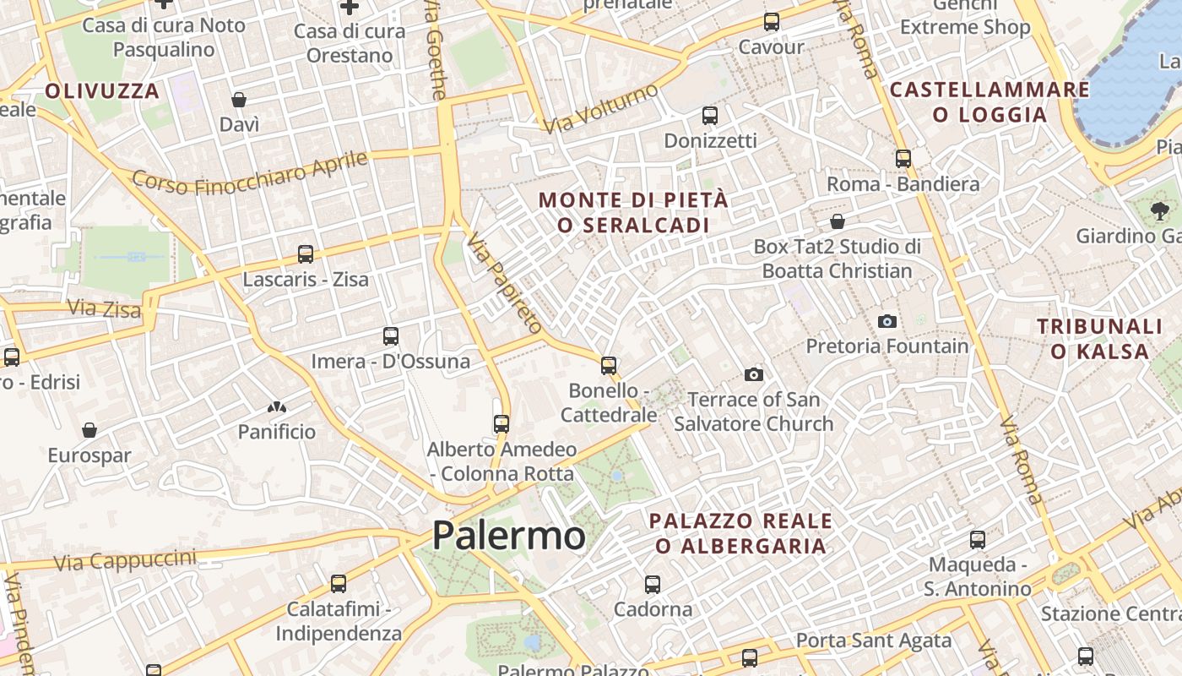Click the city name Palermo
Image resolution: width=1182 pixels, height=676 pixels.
[x=508, y=536]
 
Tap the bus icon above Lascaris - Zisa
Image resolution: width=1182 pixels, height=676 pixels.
[x=306, y=253]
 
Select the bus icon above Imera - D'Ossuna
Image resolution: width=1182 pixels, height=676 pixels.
[x=390, y=336]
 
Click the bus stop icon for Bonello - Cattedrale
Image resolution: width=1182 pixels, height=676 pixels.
[x=609, y=365]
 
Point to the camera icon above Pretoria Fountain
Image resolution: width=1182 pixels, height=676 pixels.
[x=886, y=321]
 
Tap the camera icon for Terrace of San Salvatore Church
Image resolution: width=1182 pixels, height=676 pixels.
[x=754, y=374]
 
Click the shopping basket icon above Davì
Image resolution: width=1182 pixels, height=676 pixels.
[x=239, y=100]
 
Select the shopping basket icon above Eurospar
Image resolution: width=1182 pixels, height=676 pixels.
[x=89, y=430]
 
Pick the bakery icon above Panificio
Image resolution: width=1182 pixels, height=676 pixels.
[x=276, y=407]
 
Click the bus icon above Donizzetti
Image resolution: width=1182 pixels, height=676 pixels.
[x=710, y=115]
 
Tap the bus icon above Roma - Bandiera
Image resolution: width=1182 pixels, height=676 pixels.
[x=903, y=158]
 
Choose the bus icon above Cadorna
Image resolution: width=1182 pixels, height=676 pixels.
[x=653, y=584]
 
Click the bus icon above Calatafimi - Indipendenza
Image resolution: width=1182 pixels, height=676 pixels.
[x=339, y=583]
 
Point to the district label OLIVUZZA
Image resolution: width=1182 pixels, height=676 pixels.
[x=102, y=91]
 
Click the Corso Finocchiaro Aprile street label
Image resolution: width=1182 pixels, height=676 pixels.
[x=251, y=173]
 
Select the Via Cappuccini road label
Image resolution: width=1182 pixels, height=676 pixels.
[x=125, y=559]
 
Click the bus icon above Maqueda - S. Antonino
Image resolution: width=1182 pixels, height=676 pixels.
[x=978, y=539]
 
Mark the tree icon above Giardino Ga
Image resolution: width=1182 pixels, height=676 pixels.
[x=1159, y=211]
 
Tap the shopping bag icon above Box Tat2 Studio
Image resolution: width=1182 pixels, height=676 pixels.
[x=838, y=221]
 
